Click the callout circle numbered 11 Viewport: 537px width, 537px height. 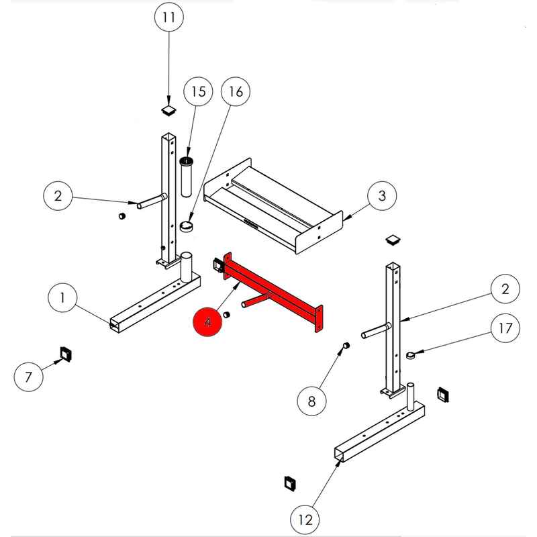[169, 17]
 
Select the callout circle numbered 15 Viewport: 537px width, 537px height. [198, 91]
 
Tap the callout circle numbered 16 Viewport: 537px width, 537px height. [236, 91]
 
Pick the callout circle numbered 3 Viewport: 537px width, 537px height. [382, 196]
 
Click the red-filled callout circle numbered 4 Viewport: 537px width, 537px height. [208, 322]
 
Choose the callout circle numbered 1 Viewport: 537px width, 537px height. [62, 297]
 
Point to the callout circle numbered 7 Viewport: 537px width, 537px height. [28, 377]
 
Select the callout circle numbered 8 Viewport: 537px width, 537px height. [311, 401]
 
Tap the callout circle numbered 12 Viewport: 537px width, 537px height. [305, 520]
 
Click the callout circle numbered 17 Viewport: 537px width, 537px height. [505, 328]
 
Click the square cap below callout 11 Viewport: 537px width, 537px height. [169, 111]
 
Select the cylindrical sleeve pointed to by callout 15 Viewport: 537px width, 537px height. [186, 177]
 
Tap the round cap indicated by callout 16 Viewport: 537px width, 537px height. [187, 227]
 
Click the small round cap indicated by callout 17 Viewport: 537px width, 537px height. [410, 355]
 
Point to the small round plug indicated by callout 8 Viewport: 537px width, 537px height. [346, 345]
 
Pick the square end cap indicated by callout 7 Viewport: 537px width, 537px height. [65, 354]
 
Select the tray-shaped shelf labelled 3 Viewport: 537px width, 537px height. [273, 206]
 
